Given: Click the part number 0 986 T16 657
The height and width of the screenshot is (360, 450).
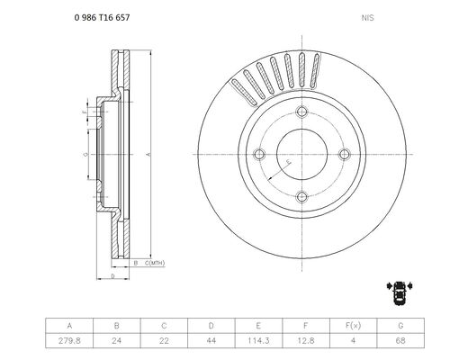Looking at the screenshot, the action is point(102,18).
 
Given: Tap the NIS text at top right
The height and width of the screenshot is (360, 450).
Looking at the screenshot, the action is point(367,18).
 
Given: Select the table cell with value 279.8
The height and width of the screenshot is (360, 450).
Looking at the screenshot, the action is point(69,341).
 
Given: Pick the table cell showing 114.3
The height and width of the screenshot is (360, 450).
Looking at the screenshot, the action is point(258,341).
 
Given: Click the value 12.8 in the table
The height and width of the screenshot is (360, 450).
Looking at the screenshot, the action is point(306,341).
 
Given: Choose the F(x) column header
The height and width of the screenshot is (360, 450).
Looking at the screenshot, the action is point(353,326).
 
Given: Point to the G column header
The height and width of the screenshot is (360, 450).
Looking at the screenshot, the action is point(400,326).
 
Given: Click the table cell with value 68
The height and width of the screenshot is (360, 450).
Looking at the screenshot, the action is point(400,341).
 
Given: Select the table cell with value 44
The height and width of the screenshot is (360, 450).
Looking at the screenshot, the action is point(211,341).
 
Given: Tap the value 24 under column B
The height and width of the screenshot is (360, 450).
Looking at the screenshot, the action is point(117,341).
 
